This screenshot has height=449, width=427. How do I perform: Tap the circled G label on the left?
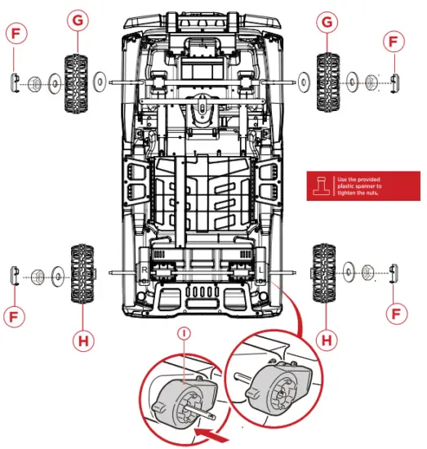[x=78, y=21]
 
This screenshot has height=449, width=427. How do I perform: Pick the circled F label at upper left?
[x=16, y=33]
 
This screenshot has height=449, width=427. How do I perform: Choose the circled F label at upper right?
[x=395, y=40]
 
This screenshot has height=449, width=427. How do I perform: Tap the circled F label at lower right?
[x=395, y=312]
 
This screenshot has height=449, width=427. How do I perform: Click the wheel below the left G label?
[x=78, y=82]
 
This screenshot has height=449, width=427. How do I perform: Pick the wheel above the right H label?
[x=324, y=274]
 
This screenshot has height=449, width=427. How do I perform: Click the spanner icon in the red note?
[x=323, y=185]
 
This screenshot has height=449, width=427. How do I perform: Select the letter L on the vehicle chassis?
[x=260, y=268]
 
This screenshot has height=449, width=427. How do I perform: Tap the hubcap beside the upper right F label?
[x=394, y=81]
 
